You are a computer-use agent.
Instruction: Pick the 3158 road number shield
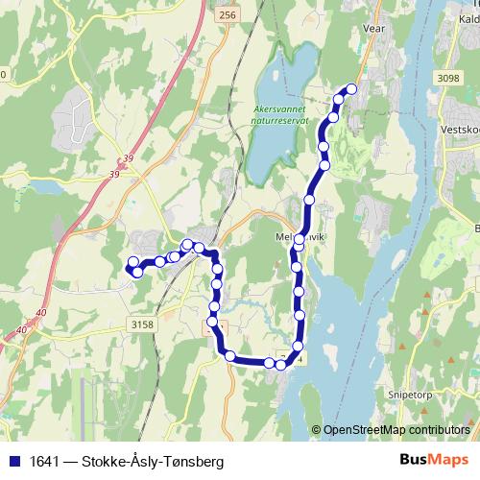click(140, 324)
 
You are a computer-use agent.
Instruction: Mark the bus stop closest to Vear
click(351, 89)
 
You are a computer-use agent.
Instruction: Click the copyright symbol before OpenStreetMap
click(318, 430)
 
